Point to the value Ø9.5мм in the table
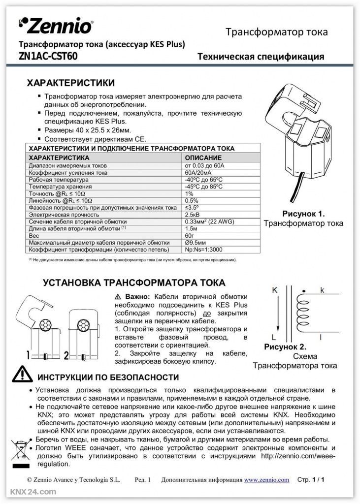pos(196,243)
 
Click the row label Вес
pos(34,236)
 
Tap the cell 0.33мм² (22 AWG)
pos(209,221)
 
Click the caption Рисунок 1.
pos(303,214)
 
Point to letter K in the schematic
pos(275,290)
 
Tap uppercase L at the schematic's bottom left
pos(274,338)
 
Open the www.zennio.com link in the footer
pos(266,479)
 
